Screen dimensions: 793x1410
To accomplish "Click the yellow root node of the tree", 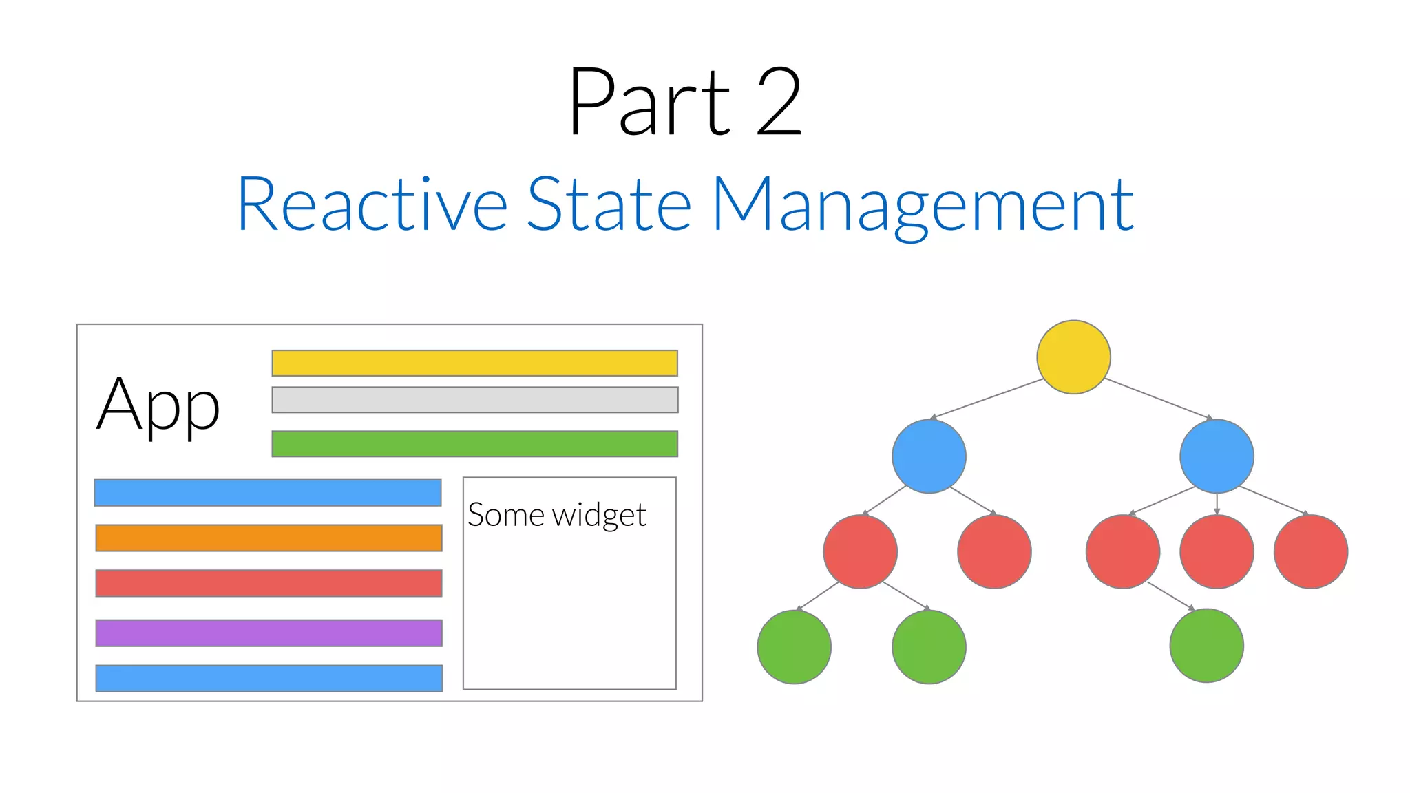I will pyautogui.click(x=1073, y=357).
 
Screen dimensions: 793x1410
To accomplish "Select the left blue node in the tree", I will pyautogui.click(x=929, y=456).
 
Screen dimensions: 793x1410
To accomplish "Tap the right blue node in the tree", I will pyautogui.click(x=1217, y=456).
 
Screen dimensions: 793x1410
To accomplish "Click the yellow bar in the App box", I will pyautogui.click(x=474, y=363).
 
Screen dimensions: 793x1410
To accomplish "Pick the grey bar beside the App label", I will pyautogui.click(x=474, y=399).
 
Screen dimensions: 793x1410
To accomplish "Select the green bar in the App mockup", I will pyautogui.click(x=474, y=443).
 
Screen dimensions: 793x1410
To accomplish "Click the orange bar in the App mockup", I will pyautogui.click(x=269, y=538).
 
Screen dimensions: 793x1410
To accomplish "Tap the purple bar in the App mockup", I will pyautogui.click(x=269, y=633).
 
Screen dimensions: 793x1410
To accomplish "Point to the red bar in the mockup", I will pyautogui.click(x=269, y=583).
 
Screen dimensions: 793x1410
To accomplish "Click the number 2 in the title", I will pyautogui.click(x=779, y=102).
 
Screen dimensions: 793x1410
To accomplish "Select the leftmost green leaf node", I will pyautogui.click(x=794, y=646).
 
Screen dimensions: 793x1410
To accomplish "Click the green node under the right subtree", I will pyautogui.click(x=1206, y=645).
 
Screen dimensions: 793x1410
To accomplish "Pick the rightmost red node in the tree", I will pyautogui.click(x=1310, y=551).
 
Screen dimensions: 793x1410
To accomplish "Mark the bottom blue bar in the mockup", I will pyautogui.click(x=269, y=678).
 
